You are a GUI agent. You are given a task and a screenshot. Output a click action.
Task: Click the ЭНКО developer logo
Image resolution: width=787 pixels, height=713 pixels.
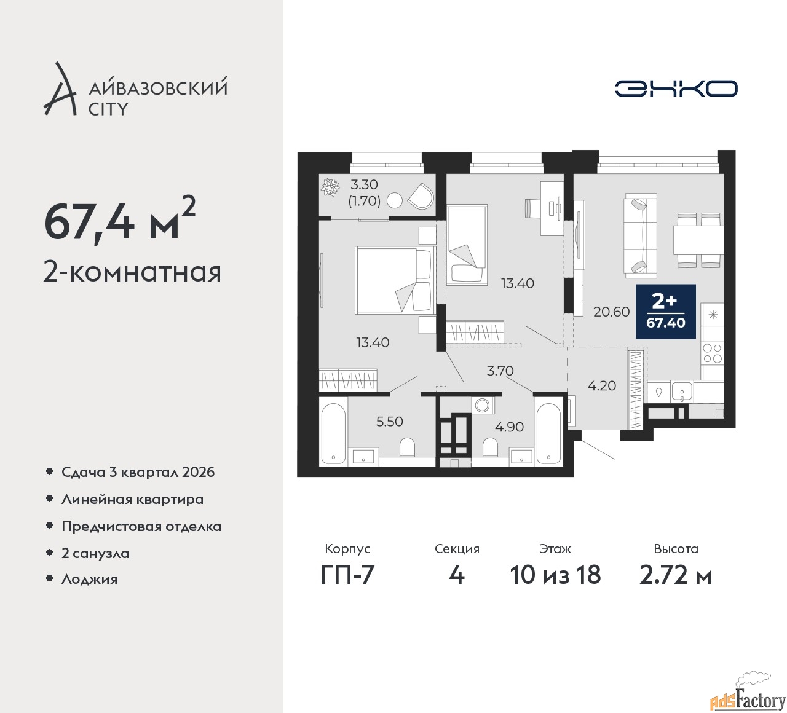click(x=676, y=89)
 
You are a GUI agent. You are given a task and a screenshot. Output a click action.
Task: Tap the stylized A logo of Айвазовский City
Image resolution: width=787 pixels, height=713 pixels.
click(x=59, y=89)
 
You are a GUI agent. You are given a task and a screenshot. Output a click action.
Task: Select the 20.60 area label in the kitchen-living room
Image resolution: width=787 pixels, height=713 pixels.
click(x=611, y=312)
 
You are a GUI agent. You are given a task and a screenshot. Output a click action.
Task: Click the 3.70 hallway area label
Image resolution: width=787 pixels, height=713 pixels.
click(x=500, y=371)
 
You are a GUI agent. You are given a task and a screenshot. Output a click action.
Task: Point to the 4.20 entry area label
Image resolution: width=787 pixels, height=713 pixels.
click(x=602, y=385)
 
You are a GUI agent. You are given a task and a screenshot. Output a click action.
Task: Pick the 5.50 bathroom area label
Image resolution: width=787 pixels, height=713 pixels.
click(x=389, y=421)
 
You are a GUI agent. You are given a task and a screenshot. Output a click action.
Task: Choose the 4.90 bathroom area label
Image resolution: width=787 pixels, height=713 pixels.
click(x=509, y=427)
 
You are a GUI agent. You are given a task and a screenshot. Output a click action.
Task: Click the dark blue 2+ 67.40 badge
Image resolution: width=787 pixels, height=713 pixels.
click(x=666, y=312)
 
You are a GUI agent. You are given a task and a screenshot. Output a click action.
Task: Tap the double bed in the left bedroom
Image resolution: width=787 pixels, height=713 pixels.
click(x=395, y=280)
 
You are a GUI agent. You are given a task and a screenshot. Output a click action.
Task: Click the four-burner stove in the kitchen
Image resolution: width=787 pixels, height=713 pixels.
click(x=713, y=353)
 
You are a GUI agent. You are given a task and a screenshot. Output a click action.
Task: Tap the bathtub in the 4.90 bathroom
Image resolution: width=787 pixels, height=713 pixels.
click(x=548, y=434)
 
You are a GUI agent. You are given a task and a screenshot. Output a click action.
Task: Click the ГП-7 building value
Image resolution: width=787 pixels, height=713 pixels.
click(x=347, y=575)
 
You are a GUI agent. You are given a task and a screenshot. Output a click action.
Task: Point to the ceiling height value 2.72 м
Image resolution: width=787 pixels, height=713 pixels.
click(x=676, y=575)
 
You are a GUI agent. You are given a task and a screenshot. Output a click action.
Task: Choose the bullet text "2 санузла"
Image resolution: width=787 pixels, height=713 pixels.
click(x=95, y=553)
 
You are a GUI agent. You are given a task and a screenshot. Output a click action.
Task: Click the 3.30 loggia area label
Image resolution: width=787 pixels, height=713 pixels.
click(x=365, y=184)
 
